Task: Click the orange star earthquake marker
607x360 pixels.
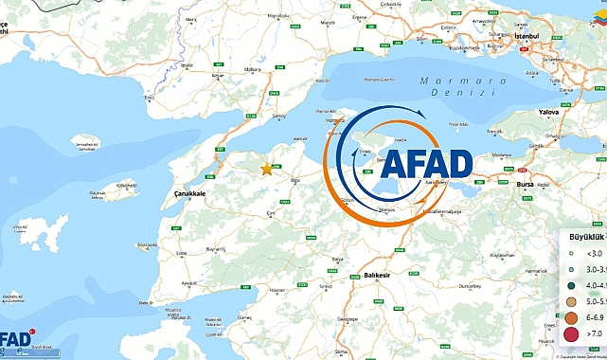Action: click(266, 169)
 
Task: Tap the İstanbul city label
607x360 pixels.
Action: click(525, 35)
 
